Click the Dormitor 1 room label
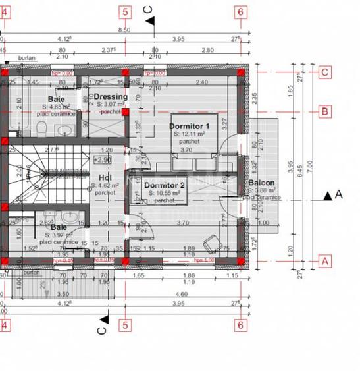189,125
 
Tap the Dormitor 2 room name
165,186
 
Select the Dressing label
106,96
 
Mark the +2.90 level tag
102,159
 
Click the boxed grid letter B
324,111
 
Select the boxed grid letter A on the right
324,260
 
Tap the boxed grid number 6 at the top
240,11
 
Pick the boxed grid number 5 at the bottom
124,324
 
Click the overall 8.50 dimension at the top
124,30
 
